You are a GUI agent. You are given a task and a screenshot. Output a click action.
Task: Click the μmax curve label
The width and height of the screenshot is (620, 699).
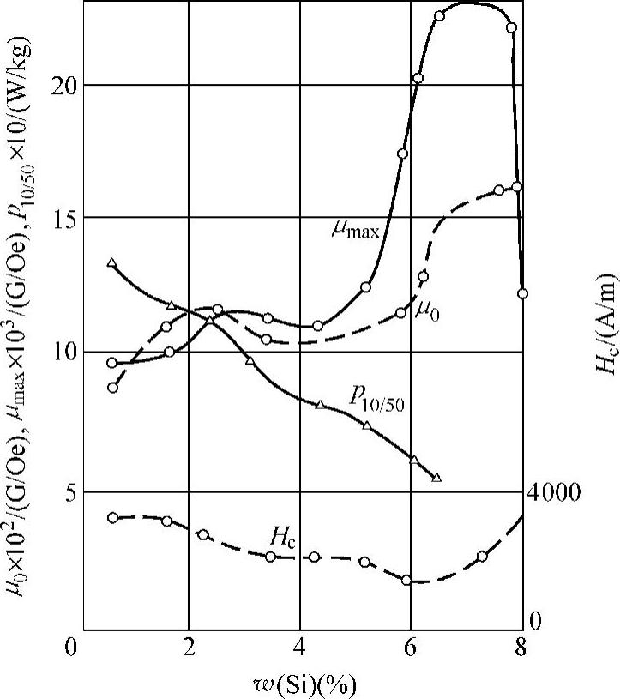356,229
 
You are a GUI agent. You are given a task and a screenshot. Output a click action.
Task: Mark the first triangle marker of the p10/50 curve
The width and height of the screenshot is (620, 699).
112,262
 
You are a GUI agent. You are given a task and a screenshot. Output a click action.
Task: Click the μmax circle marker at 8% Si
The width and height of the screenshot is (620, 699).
522,293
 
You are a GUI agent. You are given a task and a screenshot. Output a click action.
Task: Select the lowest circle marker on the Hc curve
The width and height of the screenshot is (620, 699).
406,580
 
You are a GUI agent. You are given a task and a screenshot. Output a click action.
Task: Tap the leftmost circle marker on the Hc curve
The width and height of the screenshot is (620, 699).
112,517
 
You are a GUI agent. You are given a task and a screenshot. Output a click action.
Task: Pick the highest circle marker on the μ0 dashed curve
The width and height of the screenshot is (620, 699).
516,187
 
